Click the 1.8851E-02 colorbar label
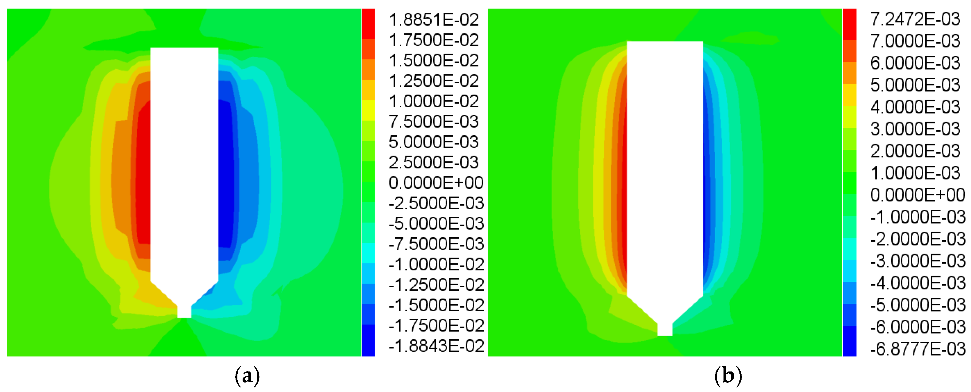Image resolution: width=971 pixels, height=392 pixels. point(433,20)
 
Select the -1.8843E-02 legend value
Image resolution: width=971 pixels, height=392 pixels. point(436,346)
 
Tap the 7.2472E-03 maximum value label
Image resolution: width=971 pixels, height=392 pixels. point(915,19)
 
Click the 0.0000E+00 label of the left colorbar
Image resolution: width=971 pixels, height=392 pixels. point(436,183)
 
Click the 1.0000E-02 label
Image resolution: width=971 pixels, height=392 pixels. point(433,101)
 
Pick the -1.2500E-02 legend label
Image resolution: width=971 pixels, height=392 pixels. point(436,285)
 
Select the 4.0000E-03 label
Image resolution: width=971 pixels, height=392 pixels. point(915,107)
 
